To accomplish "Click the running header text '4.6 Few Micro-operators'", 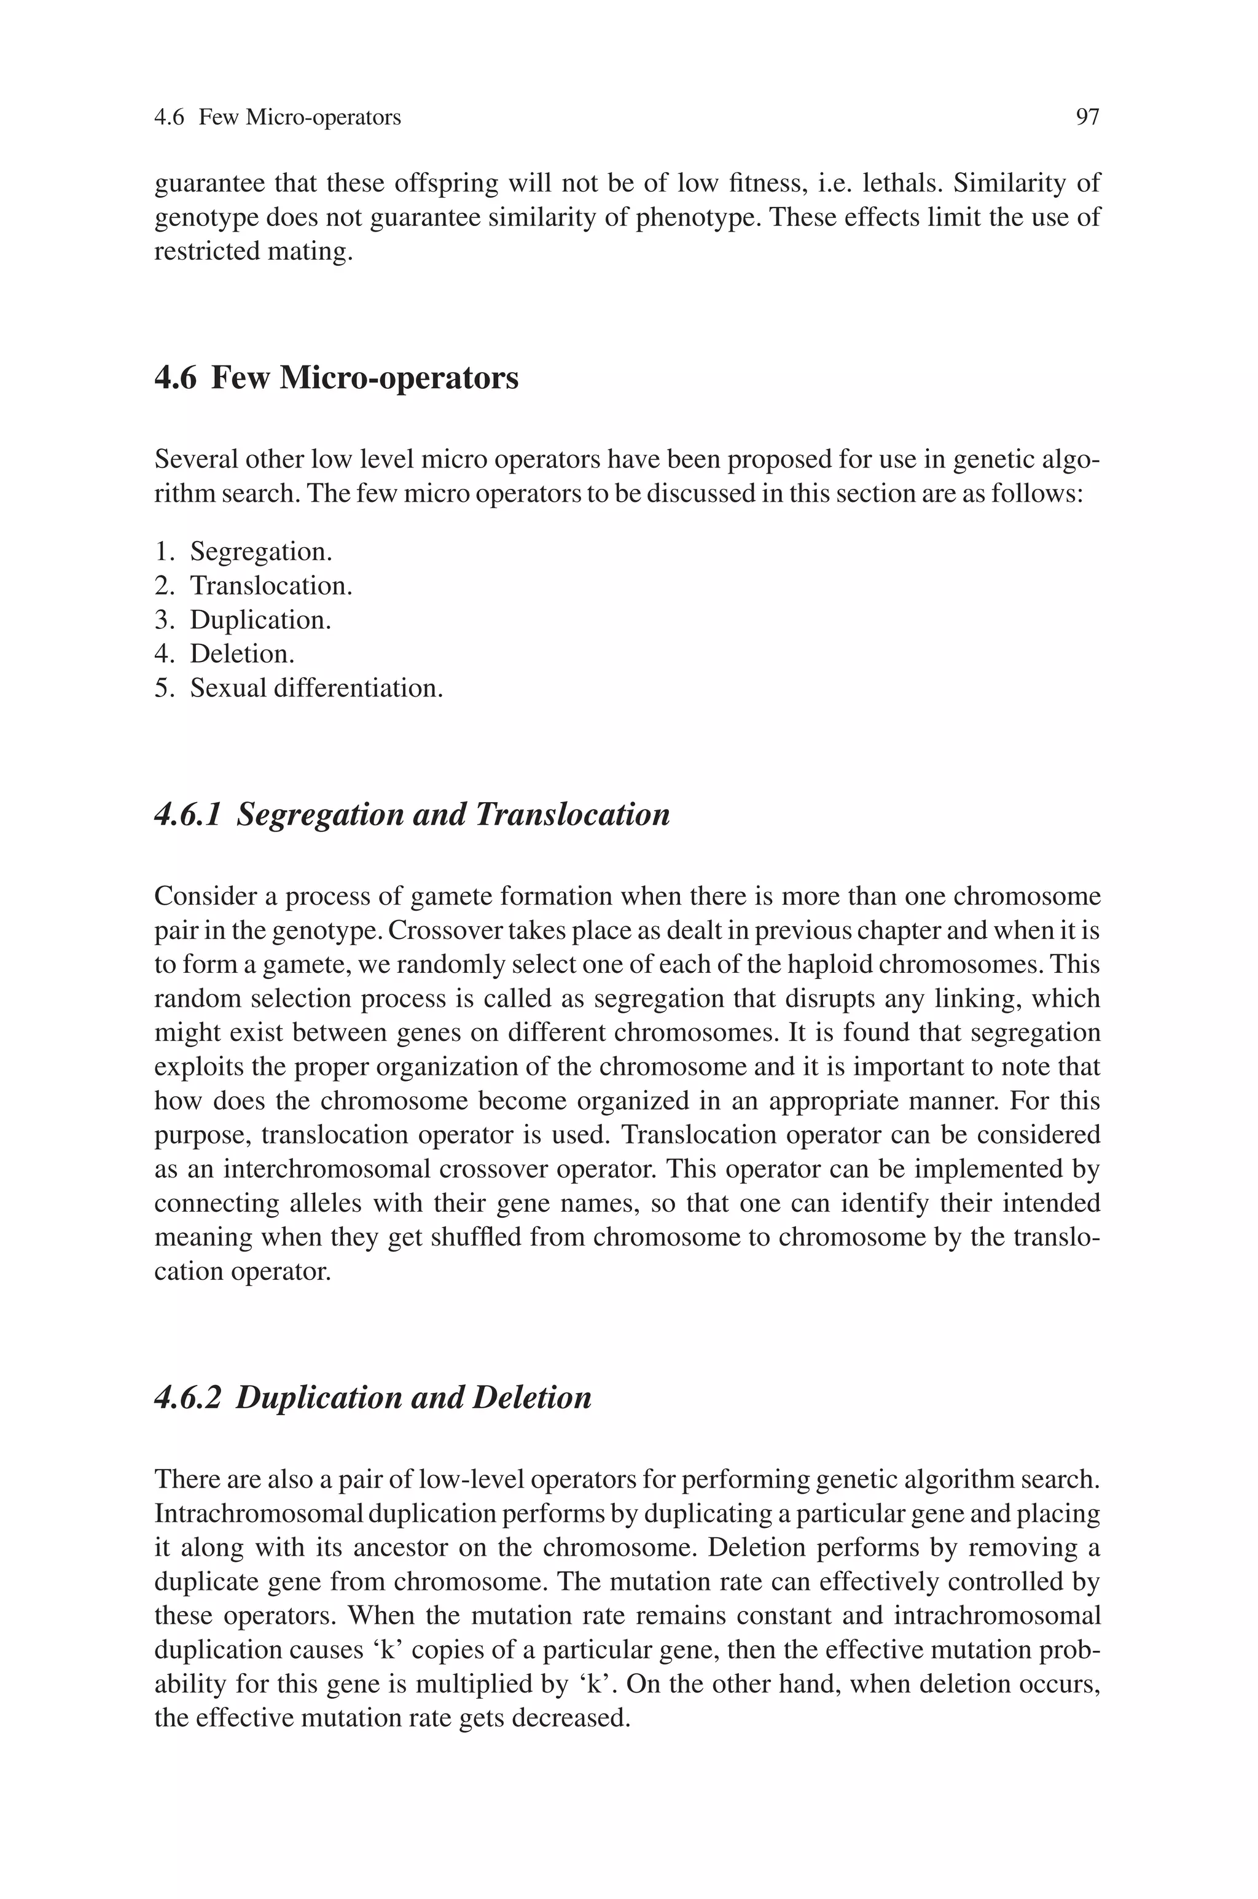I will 277,118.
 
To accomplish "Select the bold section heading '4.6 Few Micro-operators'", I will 336,378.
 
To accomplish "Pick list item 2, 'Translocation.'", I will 270,586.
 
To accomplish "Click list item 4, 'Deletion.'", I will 242,654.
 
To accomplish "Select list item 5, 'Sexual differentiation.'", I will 316,688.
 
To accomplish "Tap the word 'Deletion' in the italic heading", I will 531,1398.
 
